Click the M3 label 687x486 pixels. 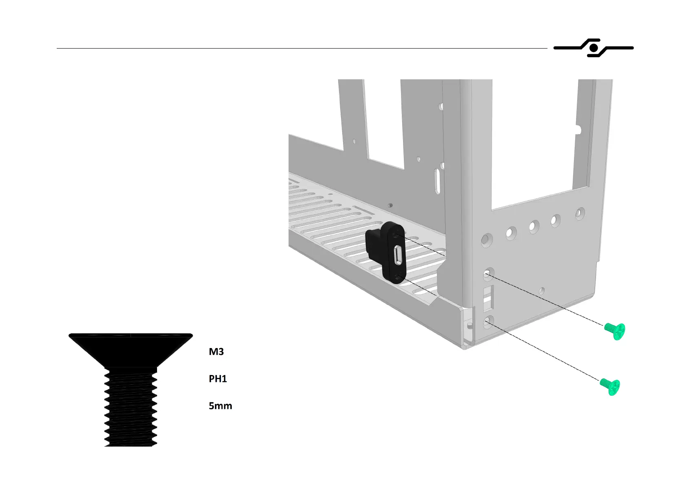click(216, 352)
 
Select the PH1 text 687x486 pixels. click(217, 379)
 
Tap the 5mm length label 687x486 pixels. click(220, 406)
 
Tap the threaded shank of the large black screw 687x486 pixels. click(131, 408)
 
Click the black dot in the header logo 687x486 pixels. click(594, 49)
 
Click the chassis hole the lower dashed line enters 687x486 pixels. click(488, 323)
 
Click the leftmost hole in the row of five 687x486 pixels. click(486, 240)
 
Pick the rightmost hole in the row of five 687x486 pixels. click(580, 213)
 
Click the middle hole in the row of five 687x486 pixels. click(533, 226)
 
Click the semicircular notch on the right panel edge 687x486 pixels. click(578, 130)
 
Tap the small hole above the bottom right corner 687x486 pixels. click(541, 291)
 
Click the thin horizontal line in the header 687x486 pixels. click(302, 49)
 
